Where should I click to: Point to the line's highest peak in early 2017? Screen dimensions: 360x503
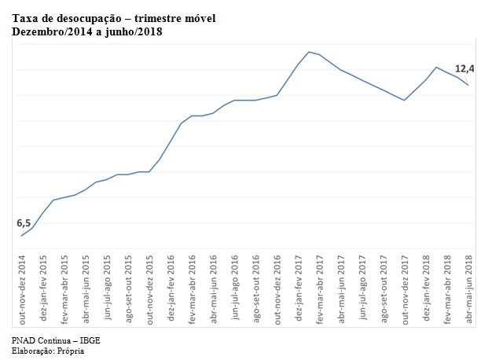click(x=309, y=52)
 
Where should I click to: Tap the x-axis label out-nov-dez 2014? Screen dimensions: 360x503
click(x=22, y=290)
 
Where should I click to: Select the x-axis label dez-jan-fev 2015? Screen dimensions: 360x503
click(x=43, y=290)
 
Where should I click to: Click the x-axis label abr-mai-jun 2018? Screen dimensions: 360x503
click(x=469, y=290)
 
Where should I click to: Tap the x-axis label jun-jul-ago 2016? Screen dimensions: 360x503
click(x=235, y=290)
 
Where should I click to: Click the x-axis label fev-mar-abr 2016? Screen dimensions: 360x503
click(x=193, y=290)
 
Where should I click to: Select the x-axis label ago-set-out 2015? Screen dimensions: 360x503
click(x=128, y=290)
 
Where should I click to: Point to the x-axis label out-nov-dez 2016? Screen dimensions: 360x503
click(x=277, y=290)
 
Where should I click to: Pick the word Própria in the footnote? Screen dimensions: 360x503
click(x=69, y=351)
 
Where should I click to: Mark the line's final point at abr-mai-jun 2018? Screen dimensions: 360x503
click(x=469, y=85)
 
